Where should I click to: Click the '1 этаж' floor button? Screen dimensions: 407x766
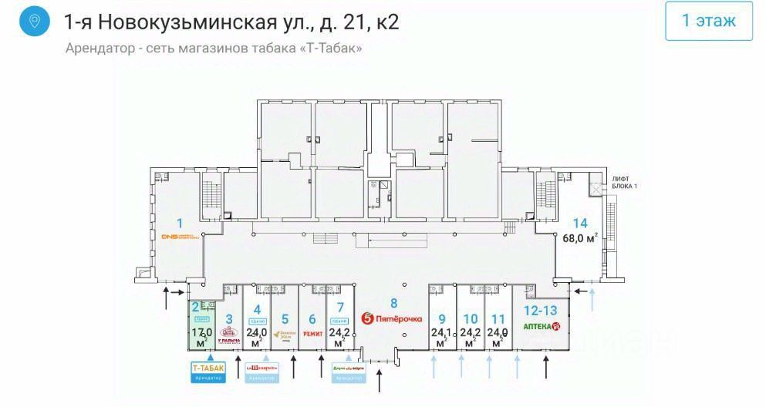tap(708, 21)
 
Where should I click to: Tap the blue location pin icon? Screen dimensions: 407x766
tap(33, 21)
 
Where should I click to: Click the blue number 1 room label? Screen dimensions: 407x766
tap(179, 224)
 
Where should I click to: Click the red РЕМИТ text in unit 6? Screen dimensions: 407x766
tap(313, 334)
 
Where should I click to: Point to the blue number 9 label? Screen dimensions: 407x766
tap(442, 318)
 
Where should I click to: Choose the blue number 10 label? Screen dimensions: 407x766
tap(470, 318)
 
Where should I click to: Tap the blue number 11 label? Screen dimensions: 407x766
tap(498, 318)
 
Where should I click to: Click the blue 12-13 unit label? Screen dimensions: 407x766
tap(541, 310)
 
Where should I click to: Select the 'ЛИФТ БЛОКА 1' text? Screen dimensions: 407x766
tap(624, 182)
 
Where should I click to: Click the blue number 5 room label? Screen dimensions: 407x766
tap(285, 318)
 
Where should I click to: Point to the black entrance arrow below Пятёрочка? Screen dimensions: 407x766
tap(380, 379)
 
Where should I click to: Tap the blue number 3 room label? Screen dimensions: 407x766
tap(228, 318)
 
